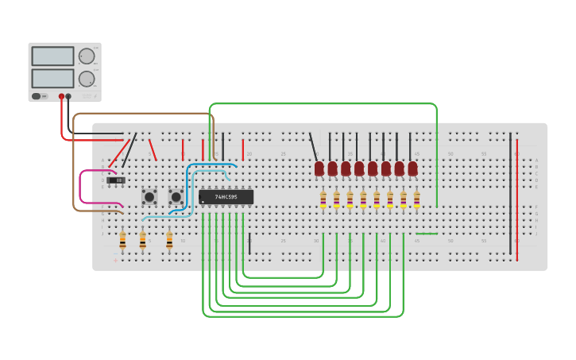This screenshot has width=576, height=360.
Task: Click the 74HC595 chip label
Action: coord(226,197)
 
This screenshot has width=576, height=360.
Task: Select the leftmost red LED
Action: coord(319,168)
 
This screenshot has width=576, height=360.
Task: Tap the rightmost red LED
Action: coord(412,168)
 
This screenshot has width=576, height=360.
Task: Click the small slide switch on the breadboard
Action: coord(117,180)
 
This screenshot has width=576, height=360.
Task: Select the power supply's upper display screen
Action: coord(52,56)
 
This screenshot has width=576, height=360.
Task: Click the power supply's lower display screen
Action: coord(52,79)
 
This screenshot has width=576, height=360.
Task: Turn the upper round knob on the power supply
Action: coord(86,56)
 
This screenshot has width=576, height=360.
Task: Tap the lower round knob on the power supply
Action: coord(86,79)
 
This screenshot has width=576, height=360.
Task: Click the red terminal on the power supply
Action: coord(61,96)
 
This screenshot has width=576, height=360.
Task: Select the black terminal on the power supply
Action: coord(68,96)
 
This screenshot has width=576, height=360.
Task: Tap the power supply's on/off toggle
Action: coord(37,96)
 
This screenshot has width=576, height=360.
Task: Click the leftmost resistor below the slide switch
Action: coord(122,240)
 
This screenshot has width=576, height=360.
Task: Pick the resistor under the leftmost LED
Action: coord(323,199)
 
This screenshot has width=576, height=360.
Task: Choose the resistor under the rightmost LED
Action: coord(416,199)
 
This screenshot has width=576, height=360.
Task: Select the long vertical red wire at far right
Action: coord(517,199)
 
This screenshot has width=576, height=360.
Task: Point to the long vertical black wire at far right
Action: coord(510,195)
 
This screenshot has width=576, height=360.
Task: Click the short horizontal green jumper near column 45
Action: coord(427,234)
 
